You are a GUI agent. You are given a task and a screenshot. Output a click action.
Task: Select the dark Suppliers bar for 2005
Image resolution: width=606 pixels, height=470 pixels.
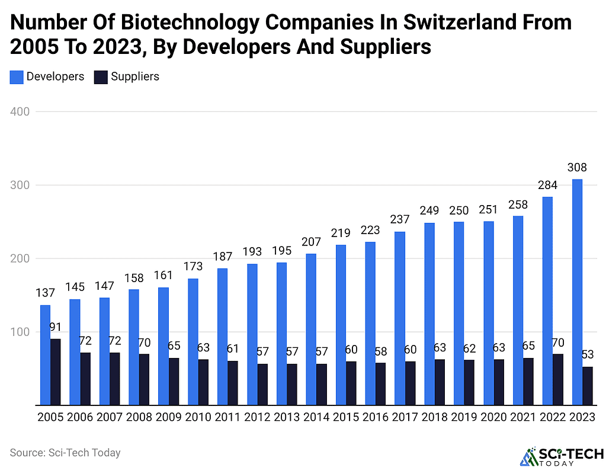tap(55, 372)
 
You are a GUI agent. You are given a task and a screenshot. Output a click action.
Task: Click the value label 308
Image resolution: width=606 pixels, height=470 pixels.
tap(577, 168)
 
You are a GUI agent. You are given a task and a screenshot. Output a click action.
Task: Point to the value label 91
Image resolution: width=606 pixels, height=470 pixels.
tap(55, 328)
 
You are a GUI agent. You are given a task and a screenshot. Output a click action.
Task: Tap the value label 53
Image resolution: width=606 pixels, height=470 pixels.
tap(588, 355)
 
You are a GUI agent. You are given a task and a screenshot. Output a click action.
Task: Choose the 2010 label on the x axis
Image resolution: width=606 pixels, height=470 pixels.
tap(198, 417)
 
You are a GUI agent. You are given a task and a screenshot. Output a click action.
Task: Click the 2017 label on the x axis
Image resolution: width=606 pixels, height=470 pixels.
tap(405, 417)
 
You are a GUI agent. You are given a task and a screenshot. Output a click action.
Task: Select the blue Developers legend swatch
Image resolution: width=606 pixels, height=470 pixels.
tap(17, 76)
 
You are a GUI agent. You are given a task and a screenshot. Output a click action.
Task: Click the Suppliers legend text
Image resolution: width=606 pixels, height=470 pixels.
tap(135, 76)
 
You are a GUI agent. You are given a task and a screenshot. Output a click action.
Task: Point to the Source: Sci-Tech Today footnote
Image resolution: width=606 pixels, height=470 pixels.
tap(65, 453)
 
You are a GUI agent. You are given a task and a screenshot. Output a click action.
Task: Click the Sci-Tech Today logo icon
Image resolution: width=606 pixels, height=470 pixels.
tap(527, 456)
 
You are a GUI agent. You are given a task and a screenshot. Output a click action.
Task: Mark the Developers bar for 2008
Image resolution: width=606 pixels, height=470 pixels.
tap(134, 347)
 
